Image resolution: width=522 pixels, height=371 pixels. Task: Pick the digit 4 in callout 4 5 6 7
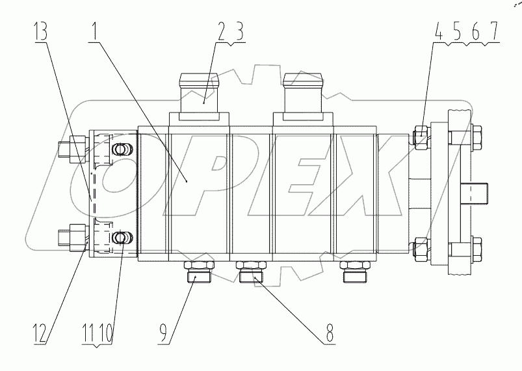pos(439,31)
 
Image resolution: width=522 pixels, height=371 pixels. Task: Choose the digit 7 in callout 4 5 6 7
pos(495,31)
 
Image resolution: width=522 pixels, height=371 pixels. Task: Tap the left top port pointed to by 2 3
pos(200,94)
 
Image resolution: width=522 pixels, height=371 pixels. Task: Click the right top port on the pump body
pos(304,94)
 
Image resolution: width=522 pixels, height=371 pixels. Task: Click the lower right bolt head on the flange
pos(475,248)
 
